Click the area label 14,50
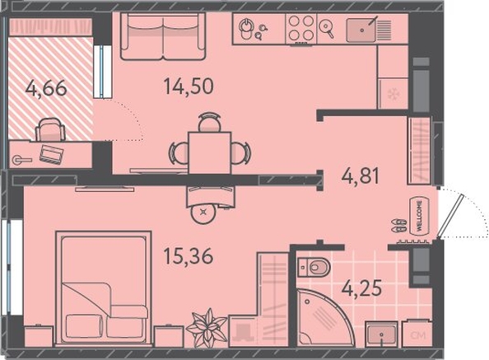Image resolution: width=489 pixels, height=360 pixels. click(x=189, y=86)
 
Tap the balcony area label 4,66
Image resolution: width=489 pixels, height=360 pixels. click(x=46, y=88)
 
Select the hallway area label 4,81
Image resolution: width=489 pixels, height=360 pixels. click(x=361, y=175)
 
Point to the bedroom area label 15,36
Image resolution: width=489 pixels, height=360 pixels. click(x=189, y=256)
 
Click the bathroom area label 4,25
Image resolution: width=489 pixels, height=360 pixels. click(x=361, y=288)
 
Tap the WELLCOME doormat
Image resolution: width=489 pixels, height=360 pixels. click(x=420, y=216)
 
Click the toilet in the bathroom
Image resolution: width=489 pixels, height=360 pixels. click(x=314, y=267)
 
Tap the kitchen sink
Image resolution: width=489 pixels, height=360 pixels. click(x=361, y=30)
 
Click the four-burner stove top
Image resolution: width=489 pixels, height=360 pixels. click(x=301, y=28)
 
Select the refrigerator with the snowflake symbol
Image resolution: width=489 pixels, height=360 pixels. click(x=393, y=94)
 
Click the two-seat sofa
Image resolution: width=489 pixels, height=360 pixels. click(x=162, y=36)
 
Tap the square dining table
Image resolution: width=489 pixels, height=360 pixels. click(x=210, y=153)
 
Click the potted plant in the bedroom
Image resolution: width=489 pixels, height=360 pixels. click(x=207, y=328)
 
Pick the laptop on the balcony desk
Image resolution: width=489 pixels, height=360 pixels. click(x=52, y=154)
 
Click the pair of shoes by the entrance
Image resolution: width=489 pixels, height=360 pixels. click(x=399, y=226)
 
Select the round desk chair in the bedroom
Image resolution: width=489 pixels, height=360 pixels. click(x=204, y=213)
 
